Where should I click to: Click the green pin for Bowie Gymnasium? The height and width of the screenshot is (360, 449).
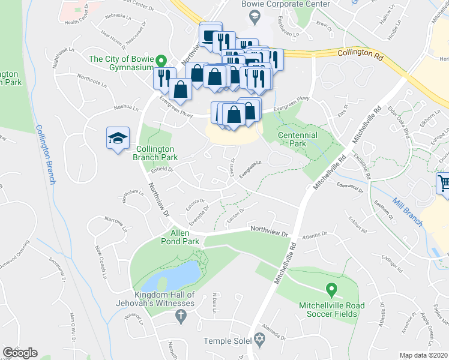[x=161, y=61]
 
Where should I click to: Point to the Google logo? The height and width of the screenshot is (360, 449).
[x=20, y=353]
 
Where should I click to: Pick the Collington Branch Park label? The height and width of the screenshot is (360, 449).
[x=155, y=153]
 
